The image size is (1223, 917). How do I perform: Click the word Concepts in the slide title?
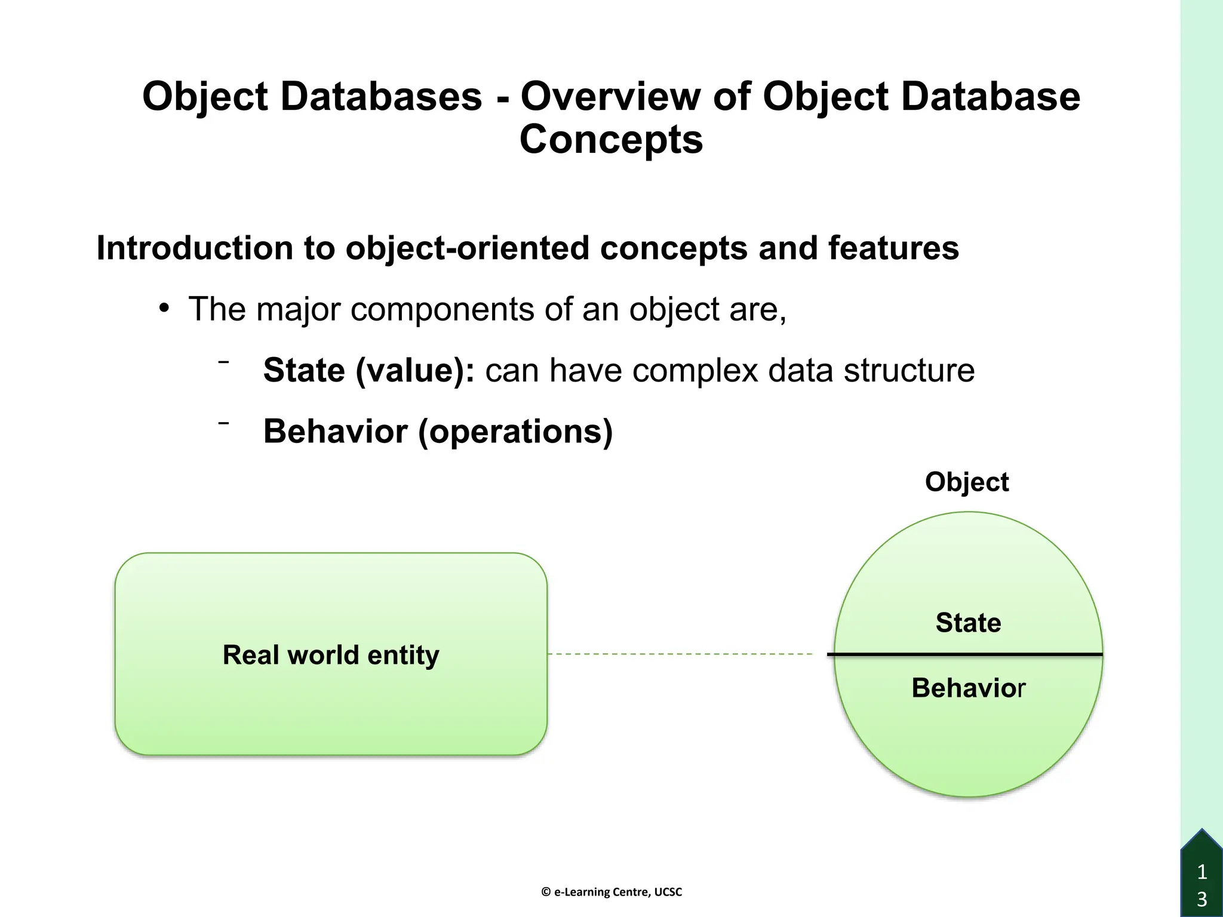click(x=611, y=140)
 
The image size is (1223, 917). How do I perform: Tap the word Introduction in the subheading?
click(x=195, y=248)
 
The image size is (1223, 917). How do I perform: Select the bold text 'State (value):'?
click(x=368, y=370)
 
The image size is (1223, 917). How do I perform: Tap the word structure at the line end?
click(x=908, y=370)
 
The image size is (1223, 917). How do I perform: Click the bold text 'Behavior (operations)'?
click(x=438, y=431)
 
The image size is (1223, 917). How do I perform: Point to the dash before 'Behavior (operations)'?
click(x=224, y=423)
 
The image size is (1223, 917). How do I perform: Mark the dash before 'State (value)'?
click(x=224, y=362)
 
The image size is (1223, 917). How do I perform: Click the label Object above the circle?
click(x=966, y=482)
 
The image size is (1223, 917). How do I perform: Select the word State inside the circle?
click(x=968, y=623)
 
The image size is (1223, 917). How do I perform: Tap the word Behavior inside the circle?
click(x=968, y=688)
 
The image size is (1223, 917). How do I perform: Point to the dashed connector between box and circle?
click(x=681, y=654)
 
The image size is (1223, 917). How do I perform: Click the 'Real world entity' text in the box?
click(x=331, y=655)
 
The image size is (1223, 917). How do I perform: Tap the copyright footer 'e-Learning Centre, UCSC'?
click(x=611, y=892)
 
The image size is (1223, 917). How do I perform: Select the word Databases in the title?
click(x=381, y=97)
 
